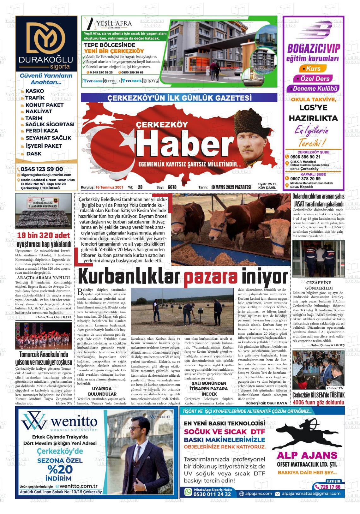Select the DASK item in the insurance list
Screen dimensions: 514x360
click(34, 154)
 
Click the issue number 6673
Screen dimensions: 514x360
click(172, 187)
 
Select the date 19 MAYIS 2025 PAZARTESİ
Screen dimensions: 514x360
click(231, 187)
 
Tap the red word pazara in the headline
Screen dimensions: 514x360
click(211, 277)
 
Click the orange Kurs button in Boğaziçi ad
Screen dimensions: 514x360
click(311, 69)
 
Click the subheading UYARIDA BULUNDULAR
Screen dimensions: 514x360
click(102, 391)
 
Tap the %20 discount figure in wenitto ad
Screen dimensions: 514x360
click(60, 469)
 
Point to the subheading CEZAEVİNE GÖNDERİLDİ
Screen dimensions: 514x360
click(319, 285)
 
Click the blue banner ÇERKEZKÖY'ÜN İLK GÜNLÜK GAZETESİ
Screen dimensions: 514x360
click(179, 98)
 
